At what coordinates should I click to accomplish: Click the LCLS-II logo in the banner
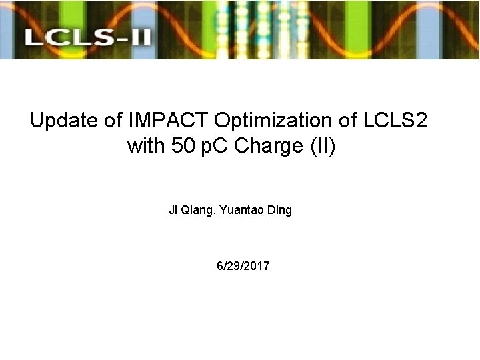(87, 36)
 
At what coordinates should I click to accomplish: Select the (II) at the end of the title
(323, 146)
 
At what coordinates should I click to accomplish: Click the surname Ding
(279, 211)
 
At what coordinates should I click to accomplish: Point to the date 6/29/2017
(243, 266)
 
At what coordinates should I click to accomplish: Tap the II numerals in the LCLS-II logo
(139, 36)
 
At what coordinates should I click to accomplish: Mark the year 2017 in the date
(257, 266)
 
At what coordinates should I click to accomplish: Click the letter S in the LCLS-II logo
(99, 36)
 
